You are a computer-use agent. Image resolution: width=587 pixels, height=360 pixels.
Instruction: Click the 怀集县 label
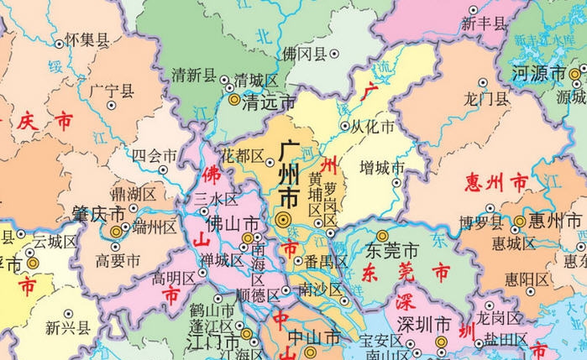(87, 39)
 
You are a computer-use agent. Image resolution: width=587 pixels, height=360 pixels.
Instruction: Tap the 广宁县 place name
(111, 89)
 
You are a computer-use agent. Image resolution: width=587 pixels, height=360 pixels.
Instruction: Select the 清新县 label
(194, 75)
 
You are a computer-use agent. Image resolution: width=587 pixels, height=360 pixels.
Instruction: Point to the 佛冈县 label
(303, 54)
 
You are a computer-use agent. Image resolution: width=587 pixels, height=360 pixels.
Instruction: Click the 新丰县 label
(485, 23)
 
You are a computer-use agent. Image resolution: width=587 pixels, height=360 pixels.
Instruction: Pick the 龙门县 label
(486, 98)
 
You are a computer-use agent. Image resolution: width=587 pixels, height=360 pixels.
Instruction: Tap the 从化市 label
(372, 128)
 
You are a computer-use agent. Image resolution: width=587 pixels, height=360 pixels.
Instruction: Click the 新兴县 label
(67, 327)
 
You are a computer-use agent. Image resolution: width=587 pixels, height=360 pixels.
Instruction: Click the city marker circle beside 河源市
(574, 75)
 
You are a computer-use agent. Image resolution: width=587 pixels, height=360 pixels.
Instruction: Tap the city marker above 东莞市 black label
(382, 236)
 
